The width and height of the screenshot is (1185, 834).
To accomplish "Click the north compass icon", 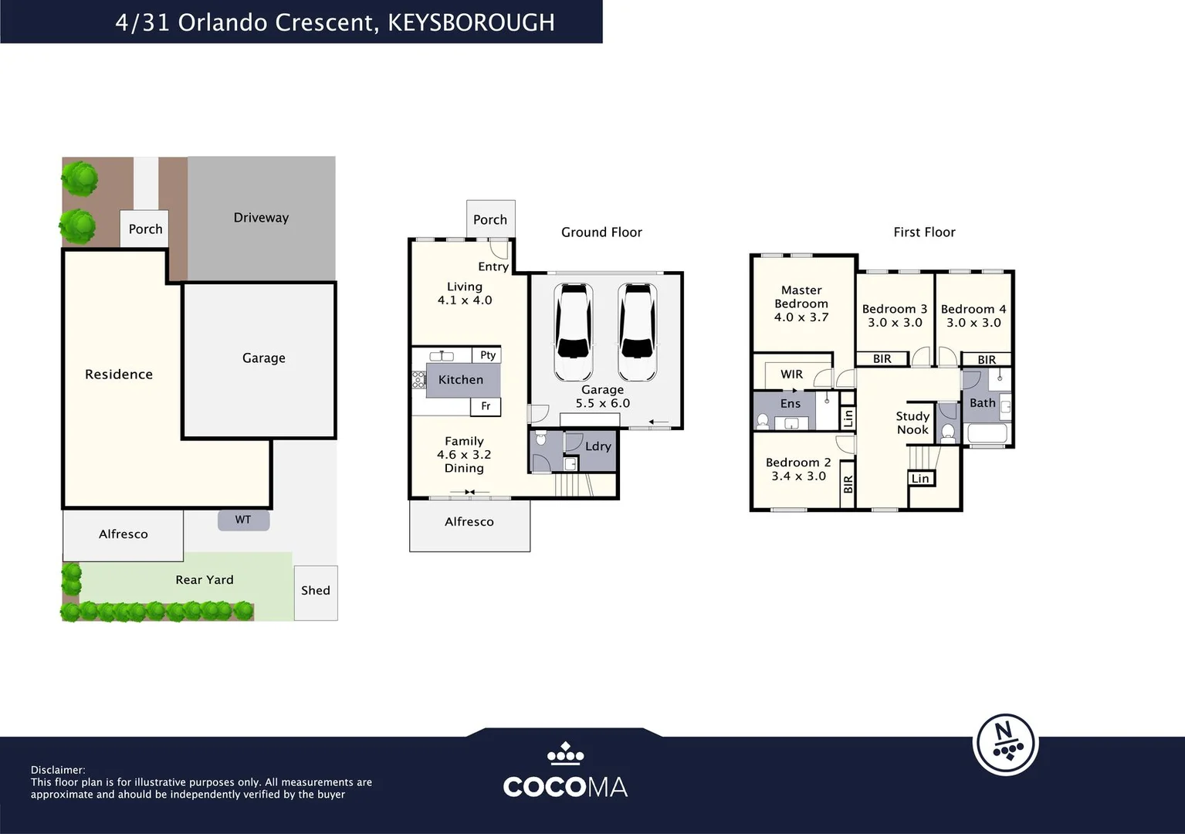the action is click(x=1005, y=744).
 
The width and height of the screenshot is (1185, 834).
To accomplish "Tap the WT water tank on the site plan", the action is click(x=243, y=520).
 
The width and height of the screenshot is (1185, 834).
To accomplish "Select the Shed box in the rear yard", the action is click(x=316, y=593).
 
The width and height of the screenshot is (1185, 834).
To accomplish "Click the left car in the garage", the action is click(x=573, y=332).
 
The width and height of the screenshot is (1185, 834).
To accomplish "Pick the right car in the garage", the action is click(x=638, y=332).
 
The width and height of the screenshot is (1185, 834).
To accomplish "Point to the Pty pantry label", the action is click(x=488, y=355).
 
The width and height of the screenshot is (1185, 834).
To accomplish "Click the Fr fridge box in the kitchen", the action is click(x=485, y=406).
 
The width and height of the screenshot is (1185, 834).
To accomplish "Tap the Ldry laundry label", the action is click(x=598, y=446).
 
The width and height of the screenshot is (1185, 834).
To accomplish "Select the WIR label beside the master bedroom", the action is click(x=791, y=374).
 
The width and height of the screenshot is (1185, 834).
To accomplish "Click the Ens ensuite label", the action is click(x=791, y=404).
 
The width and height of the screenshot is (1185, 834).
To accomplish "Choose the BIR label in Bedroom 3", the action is click(x=882, y=359).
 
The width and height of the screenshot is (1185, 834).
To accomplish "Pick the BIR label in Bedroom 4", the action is click(x=987, y=360).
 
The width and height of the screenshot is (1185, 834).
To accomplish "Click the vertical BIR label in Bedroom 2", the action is click(x=848, y=484).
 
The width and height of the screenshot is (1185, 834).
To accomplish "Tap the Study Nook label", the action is click(x=912, y=423).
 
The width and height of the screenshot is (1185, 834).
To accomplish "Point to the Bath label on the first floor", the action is click(x=983, y=403).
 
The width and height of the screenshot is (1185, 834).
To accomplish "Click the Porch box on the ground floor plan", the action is click(x=491, y=219).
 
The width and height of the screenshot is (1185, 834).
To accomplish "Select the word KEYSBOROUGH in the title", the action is click(x=472, y=22).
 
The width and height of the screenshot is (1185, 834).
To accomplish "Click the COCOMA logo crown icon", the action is click(x=566, y=754).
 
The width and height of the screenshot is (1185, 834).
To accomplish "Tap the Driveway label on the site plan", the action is click(x=262, y=218).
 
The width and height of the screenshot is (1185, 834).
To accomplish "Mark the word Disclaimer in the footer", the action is click(x=58, y=770).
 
